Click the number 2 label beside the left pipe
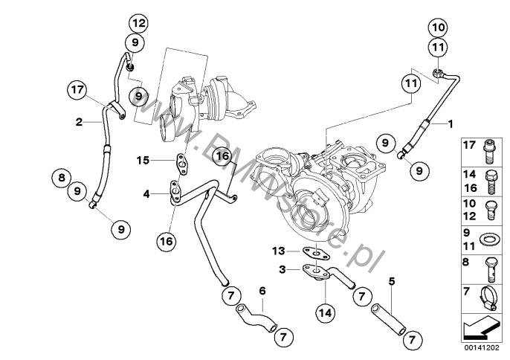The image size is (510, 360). (78, 120)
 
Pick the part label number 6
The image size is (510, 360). (262, 289)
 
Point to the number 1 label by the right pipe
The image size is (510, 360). (449, 121)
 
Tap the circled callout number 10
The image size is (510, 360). (437, 28)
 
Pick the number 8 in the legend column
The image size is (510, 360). (466, 263)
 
